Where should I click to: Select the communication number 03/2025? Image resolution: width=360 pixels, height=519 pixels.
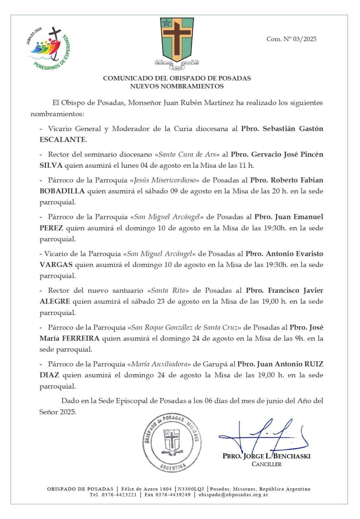pyautogui.click(x=305, y=39)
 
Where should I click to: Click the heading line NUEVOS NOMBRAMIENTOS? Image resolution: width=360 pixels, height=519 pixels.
pyautogui.click(x=177, y=86)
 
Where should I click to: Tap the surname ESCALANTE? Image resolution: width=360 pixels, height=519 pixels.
pyautogui.click(x=63, y=139)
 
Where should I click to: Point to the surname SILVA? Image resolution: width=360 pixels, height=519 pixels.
pyautogui.click(x=51, y=165)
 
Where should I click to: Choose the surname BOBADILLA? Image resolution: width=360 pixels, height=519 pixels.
pyautogui.click(x=62, y=191)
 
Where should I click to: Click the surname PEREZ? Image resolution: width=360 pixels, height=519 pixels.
pyautogui.click(x=51, y=228)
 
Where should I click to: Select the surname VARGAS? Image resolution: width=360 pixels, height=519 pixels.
pyautogui.click(x=56, y=265)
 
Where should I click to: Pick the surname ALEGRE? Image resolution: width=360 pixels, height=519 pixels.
pyautogui.click(x=55, y=301)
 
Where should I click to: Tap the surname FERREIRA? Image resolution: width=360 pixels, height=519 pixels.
pyautogui.click(x=81, y=338)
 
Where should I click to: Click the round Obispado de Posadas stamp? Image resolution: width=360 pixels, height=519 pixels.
pyautogui.click(x=172, y=443)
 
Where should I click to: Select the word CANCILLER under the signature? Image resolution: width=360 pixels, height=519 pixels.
pyautogui.click(x=267, y=464)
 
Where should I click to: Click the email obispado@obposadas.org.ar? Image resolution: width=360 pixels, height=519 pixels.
pyautogui.click(x=233, y=495)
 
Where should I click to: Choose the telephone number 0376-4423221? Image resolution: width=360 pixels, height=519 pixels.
pyautogui.click(x=119, y=495)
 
